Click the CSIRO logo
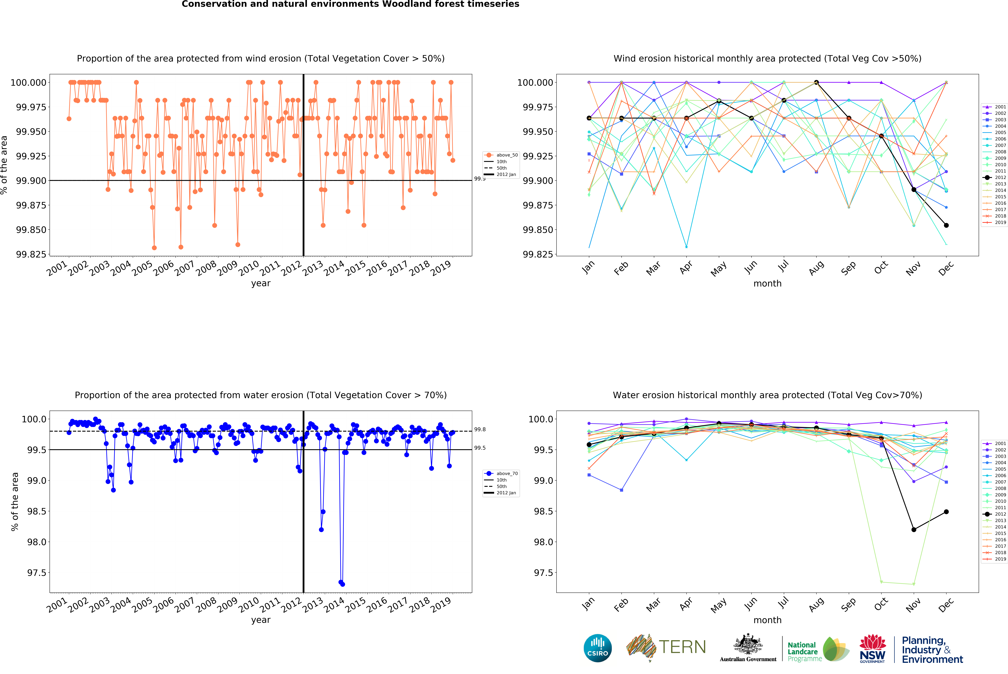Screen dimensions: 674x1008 (x=597, y=648)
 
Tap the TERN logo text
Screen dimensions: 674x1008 (x=682, y=647)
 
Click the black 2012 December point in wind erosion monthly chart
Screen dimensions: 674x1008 (x=946, y=225)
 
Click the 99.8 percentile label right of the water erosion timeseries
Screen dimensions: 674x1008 (x=480, y=429)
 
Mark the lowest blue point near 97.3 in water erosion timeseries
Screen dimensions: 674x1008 (x=342, y=584)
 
